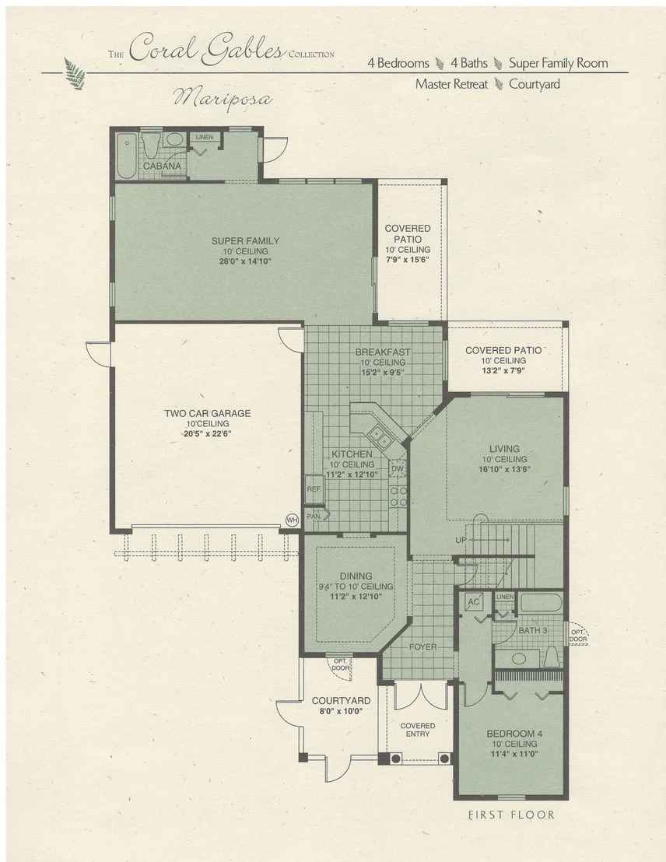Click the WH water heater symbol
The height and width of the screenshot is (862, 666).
[x=292, y=520]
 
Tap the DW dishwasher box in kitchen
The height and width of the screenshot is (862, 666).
[x=397, y=469]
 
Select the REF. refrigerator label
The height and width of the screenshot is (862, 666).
[x=314, y=489]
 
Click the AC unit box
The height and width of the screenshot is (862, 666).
[x=474, y=602]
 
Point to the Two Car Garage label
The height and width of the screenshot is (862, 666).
[x=207, y=413]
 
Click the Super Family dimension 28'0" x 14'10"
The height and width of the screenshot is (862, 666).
[x=245, y=261]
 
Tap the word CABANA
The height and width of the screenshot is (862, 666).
[x=163, y=166]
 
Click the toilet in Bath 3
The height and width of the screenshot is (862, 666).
[x=552, y=656]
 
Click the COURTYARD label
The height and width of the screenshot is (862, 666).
[x=341, y=701]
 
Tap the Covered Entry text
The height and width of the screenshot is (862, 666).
[x=418, y=730]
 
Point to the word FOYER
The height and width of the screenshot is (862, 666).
[x=423, y=647]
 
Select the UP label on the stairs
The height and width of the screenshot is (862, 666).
[x=461, y=541]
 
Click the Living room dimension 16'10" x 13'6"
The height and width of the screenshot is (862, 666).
[x=504, y=469]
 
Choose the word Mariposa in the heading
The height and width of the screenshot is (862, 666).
[x=223, y=98]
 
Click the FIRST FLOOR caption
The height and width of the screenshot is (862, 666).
[x=511, y=815]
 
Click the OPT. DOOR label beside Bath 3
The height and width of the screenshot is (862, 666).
[x=578, y=636]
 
